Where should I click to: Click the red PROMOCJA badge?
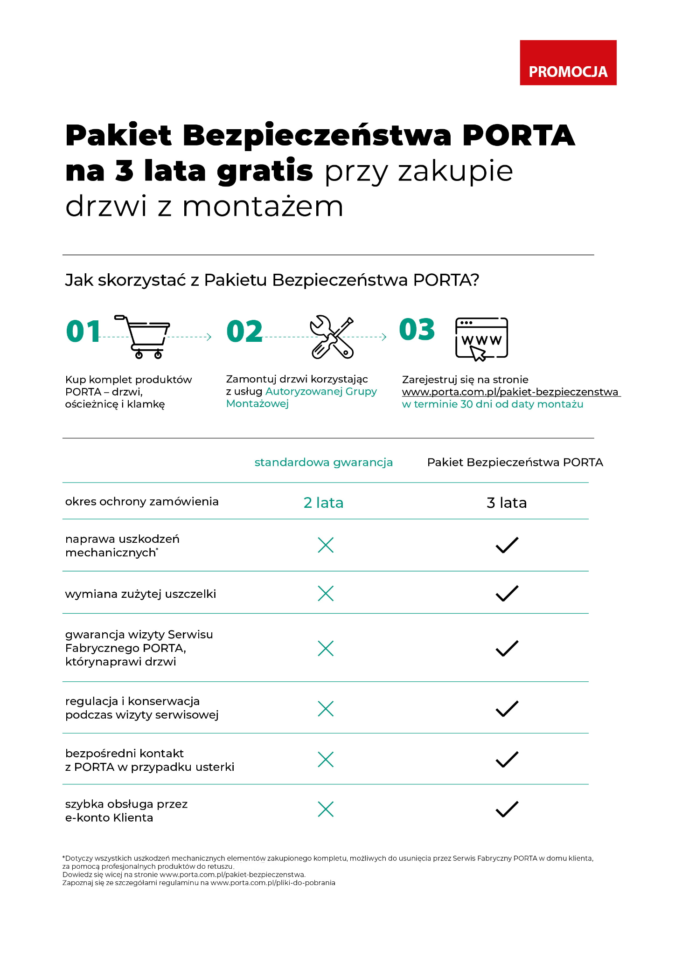[568, 63]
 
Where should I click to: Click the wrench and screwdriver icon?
[332, 337]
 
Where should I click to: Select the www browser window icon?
[481, 338]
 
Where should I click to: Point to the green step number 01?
[84, 332]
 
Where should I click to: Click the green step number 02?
[244, 332]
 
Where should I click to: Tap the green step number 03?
[417, 330]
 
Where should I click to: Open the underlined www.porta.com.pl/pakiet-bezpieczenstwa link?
[510, 392]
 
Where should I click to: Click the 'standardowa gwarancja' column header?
[323, 463]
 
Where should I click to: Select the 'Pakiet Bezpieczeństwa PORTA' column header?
[515, 463]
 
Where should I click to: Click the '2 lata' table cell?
[323, 503]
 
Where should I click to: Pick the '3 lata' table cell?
[507, 503]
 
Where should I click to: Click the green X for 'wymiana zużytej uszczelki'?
[326, 594]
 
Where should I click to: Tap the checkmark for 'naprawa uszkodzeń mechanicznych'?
[507, 545]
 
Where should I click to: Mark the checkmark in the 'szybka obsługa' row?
[507, 809]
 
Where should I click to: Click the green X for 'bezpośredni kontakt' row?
[326, 760]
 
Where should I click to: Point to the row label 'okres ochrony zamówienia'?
[142, 502]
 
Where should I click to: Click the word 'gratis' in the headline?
[264, 171]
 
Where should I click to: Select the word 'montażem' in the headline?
[263, 207]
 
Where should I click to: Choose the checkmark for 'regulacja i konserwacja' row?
[507, 709]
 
